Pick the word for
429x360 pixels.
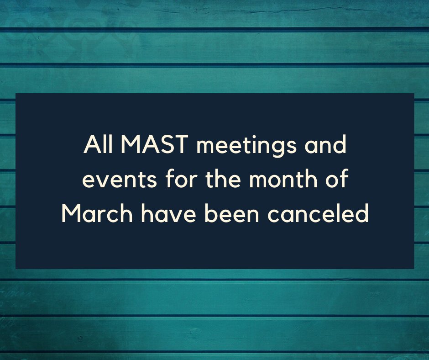coord(167,180)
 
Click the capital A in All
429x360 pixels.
coord(89,147)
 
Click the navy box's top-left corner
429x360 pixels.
coord(16,94)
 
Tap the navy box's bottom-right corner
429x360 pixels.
coord(413,268)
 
